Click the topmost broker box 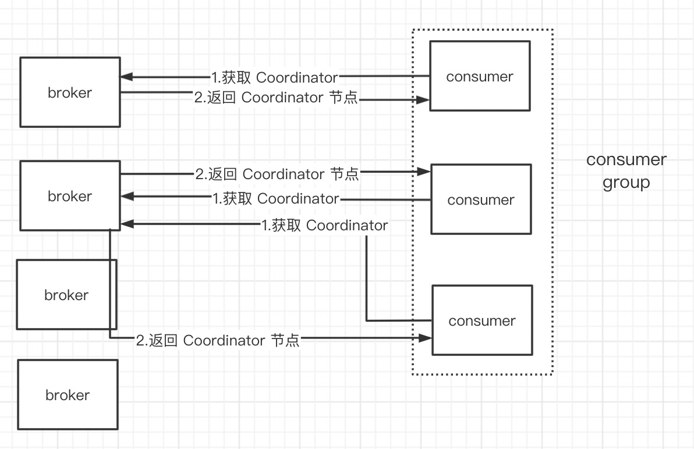pyautogui.click(x=70, y=92)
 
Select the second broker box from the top pyautogui.click(x=70, y=195)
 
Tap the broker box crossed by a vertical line pyautogui.click(x=66, y=294)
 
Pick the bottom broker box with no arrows pyautogui.click(x=68, y=394)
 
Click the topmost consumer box pyautogui.click(x=480, y=76)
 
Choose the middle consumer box pyautogui.click(x=481, y=199)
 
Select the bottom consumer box pyautogui.click(x=482, y=320)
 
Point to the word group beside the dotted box pyautogui.click(x=626, y=183)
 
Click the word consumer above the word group pyautogui.click(x=626, y=159)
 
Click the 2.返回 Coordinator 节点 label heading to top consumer pyautogui.click(x=276, y=98)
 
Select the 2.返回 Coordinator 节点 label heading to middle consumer pyautogui.click(x=277, y=173)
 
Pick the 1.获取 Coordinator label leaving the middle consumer pyautogui.click(x=276, y=199)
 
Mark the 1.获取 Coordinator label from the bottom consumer pyautogui.click(x=325, y=225)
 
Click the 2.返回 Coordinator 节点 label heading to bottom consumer pyautogui.click(x=218, y=340)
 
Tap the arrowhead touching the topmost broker pyautogui.click(x=126, y=77)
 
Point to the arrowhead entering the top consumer pyautogui.click(x=424, y=100)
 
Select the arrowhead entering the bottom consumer pyautogui.click(x=427, y=337)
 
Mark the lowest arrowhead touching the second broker pyautogui.click(x=126, y=223)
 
